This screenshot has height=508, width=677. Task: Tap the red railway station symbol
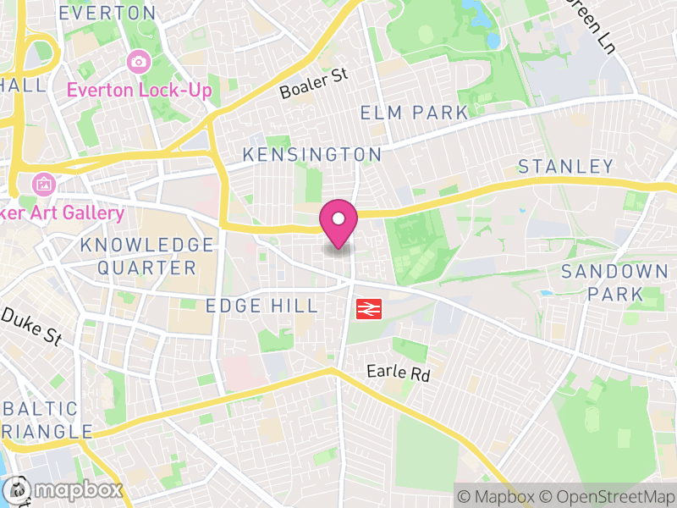pyautogui.click(x=367, y=309)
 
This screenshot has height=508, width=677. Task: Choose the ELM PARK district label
pyautogui.click(x=414, y=113)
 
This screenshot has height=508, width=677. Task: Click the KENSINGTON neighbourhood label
pyautogui.click(x=312, y=155)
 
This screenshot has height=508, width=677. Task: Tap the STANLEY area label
pyautogui.click(x=565, y=165)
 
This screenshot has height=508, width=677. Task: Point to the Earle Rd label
pyautogui.click(x=399, y=372)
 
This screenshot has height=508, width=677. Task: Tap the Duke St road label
pyautogui.click(x=32, y=326)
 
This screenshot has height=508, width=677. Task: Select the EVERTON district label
pyautogui.click(x=107, y=14)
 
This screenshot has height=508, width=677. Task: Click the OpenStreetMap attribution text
pyautogui.click(x=604, y=495)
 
